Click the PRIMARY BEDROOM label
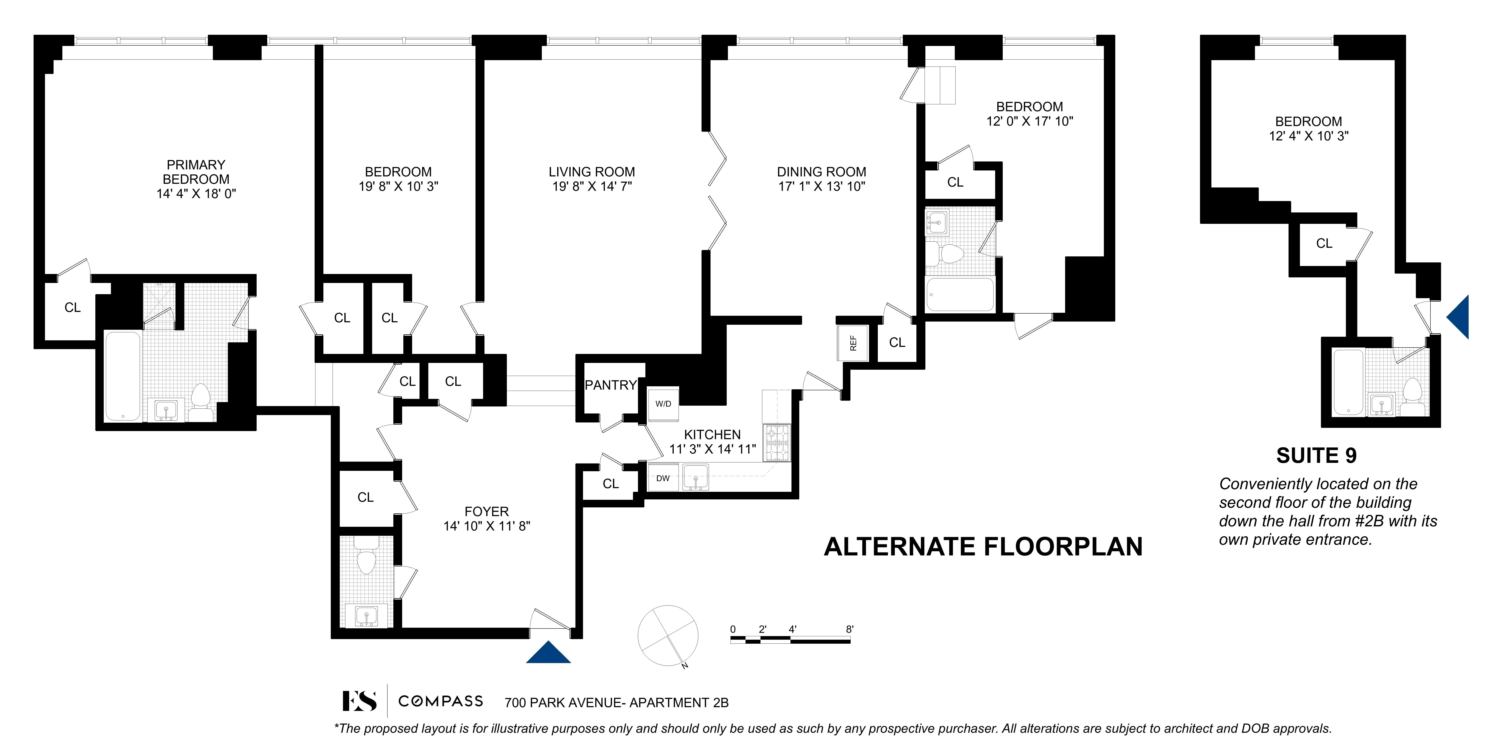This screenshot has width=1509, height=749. pos(196,172)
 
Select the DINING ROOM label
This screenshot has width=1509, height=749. pos(821,172)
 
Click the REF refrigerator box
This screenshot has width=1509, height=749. pos(853,343)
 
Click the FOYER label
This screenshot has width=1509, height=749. pos(486,511)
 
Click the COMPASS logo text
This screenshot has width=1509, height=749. pos(441,701)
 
